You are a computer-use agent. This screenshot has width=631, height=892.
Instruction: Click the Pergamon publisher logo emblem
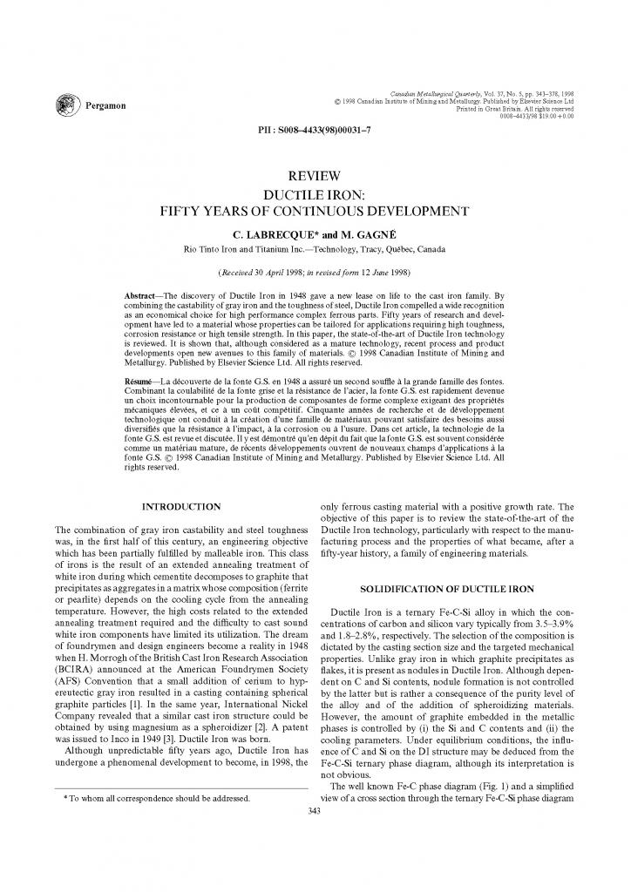[x=66, y=105]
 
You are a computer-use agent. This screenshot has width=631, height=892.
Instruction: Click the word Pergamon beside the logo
[x=105, y=106]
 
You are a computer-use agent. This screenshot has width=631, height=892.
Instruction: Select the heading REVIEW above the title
[x=315, y=176]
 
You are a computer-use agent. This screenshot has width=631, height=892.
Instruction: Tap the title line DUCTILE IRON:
[x=315, y=193]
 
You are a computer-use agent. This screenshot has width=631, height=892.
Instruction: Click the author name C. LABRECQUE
[x=266, y=235]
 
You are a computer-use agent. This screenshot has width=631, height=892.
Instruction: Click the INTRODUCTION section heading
[x=180, y=506]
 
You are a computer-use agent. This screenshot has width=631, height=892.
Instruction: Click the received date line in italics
[x=315, y=272]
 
